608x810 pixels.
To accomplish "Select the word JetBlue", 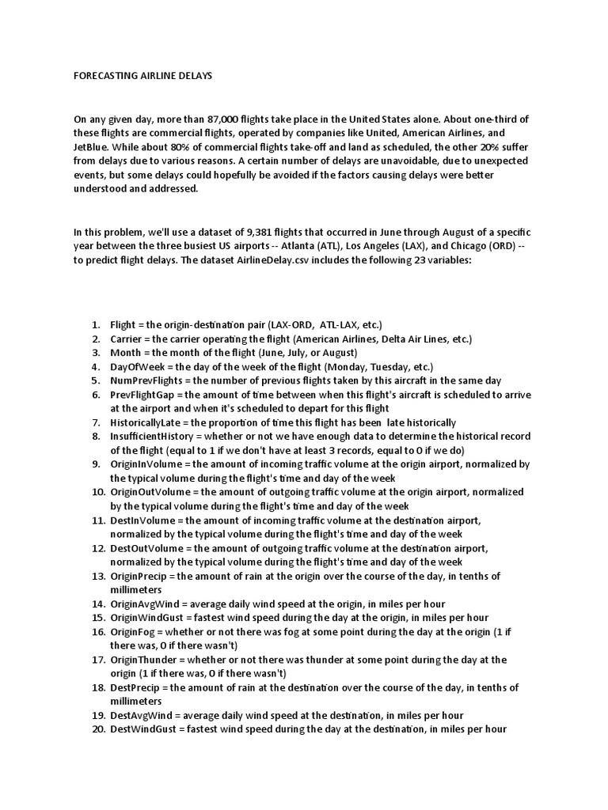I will (93, 146).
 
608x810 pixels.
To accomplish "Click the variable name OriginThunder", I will (144, 660).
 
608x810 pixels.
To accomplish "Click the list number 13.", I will (97, 576).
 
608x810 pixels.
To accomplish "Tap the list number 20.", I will (97, 729).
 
